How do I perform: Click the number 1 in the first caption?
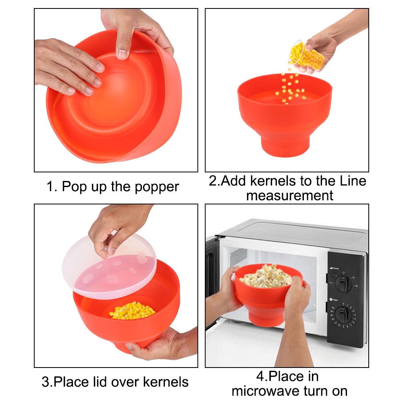(x=50, y=187)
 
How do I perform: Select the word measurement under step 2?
(x=289, y=195)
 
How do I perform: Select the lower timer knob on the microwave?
(x=343, y=314)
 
